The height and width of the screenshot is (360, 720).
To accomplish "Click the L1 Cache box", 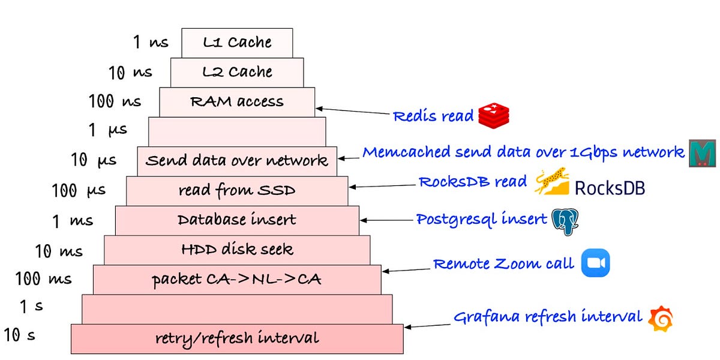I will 237,43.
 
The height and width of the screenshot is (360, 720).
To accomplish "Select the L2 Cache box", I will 237,72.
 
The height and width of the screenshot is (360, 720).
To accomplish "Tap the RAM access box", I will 237,101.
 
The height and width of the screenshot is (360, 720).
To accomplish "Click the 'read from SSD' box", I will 237,190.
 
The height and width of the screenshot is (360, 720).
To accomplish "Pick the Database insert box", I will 237,220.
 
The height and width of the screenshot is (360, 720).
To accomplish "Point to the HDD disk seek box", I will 237,250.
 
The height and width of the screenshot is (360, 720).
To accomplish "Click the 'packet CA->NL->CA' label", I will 237,279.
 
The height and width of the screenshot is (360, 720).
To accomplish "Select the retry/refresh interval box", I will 237,338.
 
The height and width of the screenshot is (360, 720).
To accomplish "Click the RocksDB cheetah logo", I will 551,182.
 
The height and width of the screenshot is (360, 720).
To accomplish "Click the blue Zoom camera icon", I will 595,263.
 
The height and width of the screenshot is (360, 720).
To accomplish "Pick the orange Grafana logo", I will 661,319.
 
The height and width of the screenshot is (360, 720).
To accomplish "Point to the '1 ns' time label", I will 151,43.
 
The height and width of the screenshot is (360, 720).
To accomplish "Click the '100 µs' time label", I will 79,191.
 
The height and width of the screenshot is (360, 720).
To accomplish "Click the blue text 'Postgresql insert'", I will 482,219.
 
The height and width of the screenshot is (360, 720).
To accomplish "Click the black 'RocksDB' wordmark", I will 610,188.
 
